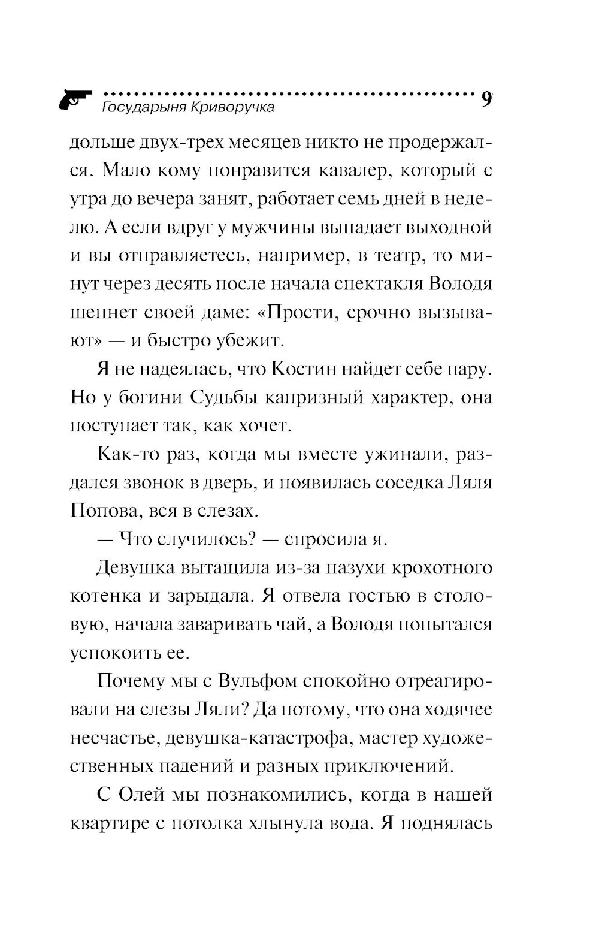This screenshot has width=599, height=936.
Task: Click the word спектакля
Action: [373, 283]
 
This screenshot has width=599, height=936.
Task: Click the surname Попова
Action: [105, 511]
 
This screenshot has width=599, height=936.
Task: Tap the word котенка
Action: [105, 596]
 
